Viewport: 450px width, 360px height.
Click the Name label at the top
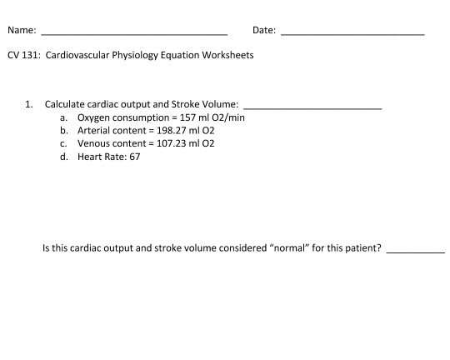point(21,31)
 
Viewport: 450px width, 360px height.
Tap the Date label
point(263,31)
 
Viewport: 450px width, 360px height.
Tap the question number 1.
point(28,105)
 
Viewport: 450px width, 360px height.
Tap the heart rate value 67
point(135,156)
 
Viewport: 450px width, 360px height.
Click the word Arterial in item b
point(93,131)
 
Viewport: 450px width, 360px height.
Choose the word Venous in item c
point(93,143)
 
